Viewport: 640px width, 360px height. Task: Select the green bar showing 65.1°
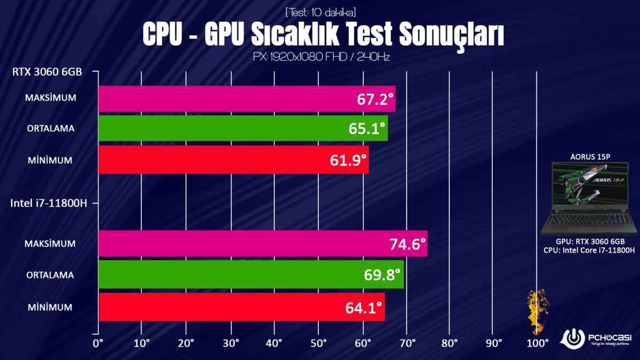tap(243, 129)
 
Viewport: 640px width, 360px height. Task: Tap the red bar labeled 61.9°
tap(233, 159)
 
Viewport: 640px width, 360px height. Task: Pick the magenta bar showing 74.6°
tap(262, 244)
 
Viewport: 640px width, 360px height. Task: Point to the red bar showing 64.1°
tap(241, 307)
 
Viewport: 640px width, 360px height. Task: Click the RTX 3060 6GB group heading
tap(47, 72)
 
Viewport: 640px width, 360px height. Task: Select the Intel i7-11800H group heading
tap(49, 203)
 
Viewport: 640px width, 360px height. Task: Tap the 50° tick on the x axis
tap(318, 342)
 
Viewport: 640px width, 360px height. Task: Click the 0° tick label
tap(98, 342)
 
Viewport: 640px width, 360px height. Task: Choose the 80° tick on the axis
tap(450, 342)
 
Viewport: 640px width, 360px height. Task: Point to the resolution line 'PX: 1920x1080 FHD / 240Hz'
tap(321, 56)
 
